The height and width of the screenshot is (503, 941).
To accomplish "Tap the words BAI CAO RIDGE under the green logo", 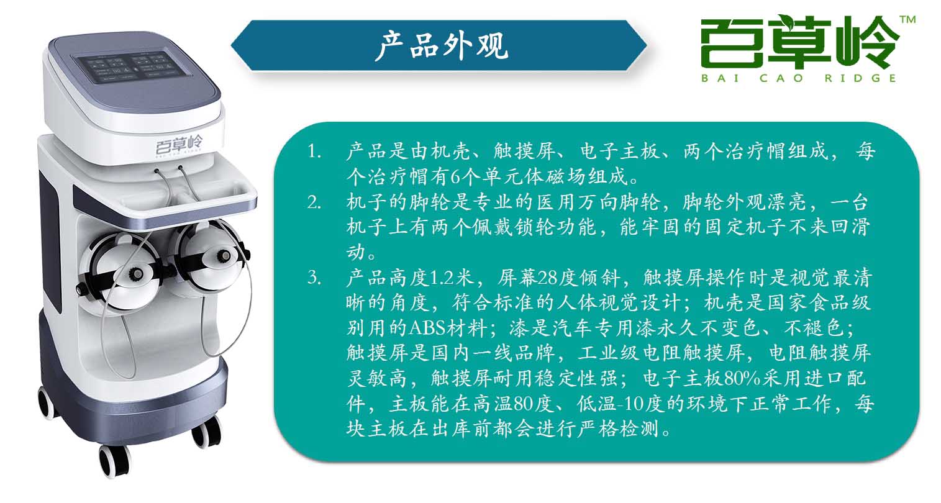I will tap(799, 78).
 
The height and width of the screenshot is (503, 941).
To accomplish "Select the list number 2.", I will tap(314, 203).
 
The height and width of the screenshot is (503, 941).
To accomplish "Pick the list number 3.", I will tap(314, 278).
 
